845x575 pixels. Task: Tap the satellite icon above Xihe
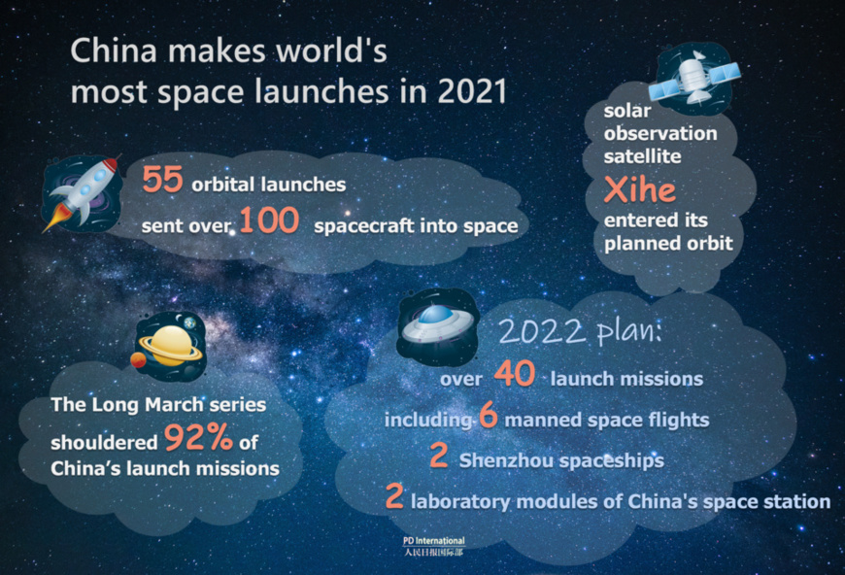pos(693,74)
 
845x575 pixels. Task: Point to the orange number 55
pos(162,180)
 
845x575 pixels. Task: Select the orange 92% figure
pos(198,440)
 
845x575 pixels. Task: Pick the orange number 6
pos(488,417)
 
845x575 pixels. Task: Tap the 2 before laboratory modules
pos(393,499)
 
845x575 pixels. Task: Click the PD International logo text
pos(434,541)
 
